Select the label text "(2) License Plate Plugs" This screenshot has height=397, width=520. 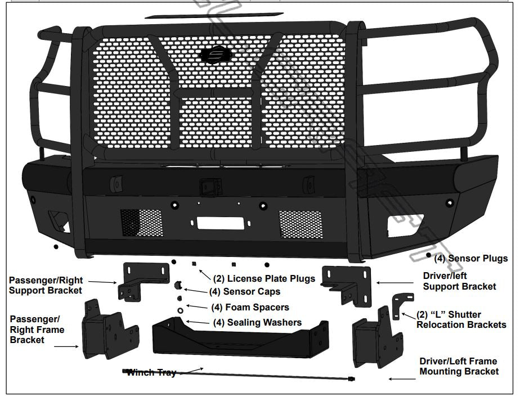263,278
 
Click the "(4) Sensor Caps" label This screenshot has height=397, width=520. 244,292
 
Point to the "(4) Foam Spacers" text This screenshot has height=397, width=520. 250,307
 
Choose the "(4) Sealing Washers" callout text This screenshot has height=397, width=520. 257,322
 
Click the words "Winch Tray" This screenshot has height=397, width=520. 151,372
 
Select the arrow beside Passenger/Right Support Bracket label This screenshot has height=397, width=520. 104,282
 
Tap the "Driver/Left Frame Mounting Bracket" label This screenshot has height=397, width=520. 459,366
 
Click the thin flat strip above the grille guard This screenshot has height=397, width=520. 197,15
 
